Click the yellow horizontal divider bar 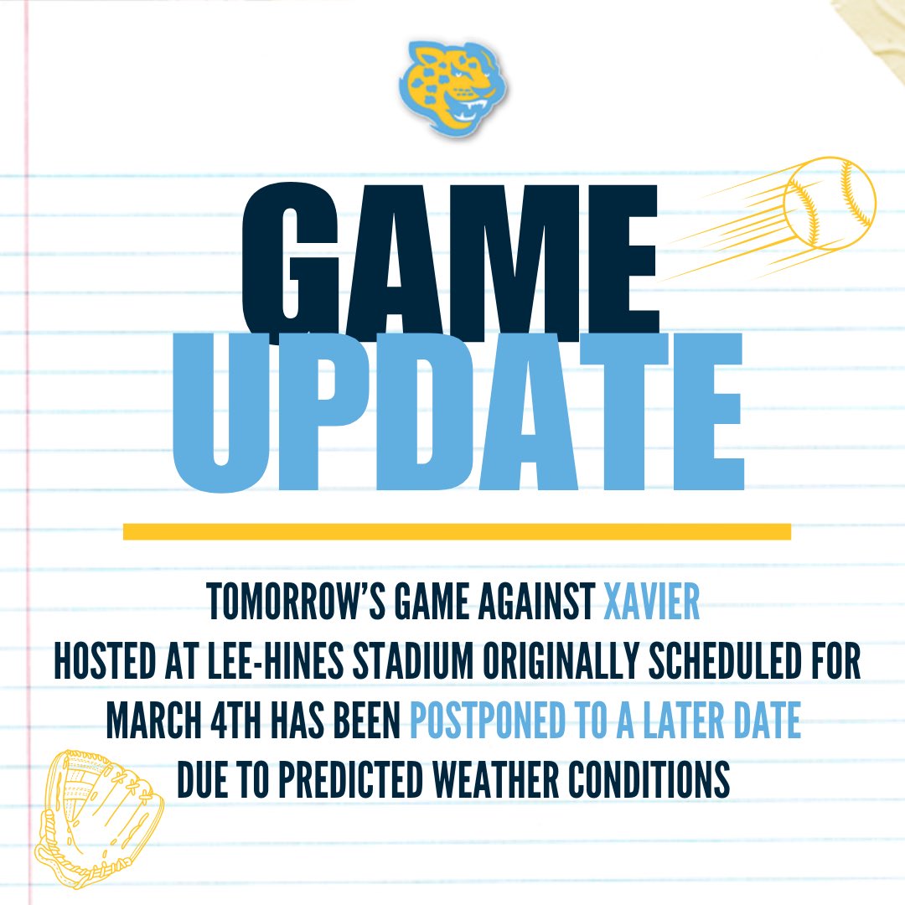pos(457,531)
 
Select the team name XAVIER pos(652,603)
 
